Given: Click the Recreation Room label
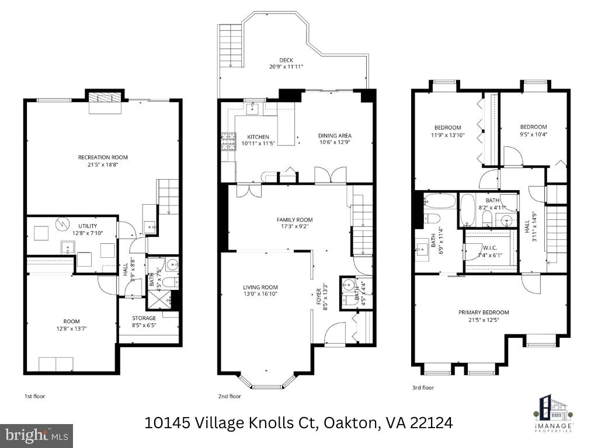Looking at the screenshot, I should (x=103, y=157).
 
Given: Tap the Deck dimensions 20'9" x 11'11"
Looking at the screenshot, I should (x=286, y=67).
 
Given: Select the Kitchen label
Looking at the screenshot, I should (x=258, y=136).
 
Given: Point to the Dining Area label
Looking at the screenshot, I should (x=335, y=136).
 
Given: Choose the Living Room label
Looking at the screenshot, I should (x=260, y=287).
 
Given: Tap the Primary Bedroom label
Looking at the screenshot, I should (x=484, y=312).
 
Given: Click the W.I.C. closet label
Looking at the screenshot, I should (x=490, y=248).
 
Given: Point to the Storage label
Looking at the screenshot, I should (x=144, y=318).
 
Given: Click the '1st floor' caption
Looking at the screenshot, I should (x=34, y=396).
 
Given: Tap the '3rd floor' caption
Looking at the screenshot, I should (x=423, y=387).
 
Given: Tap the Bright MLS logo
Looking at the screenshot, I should (x=36, y=435).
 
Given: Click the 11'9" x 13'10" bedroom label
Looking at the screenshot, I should (x=448, y=128).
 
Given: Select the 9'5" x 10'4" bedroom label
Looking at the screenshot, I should (x=533, y=127).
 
